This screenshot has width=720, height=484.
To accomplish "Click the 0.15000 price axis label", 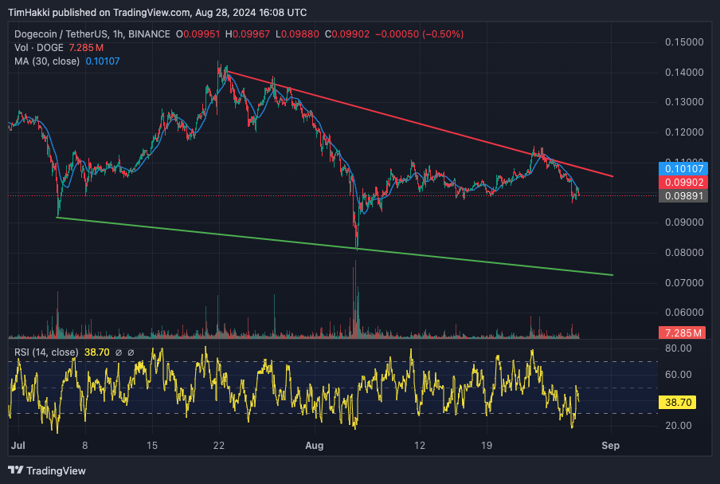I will click(x=685, y=41).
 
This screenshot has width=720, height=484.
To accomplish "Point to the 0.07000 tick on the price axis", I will click(x=685, y=282).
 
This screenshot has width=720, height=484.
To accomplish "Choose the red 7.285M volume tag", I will click(x=682, y=332).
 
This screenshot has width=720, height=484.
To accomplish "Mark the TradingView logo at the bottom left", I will click(x=47, y=470).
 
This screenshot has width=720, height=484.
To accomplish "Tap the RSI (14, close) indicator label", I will click(x=46, y=352).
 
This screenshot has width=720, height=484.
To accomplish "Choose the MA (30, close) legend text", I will click(x=47, y=61).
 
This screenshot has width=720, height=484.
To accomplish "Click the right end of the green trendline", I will click(x=612, y=275).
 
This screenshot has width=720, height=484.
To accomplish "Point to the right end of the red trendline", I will click(x=612, y=176).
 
